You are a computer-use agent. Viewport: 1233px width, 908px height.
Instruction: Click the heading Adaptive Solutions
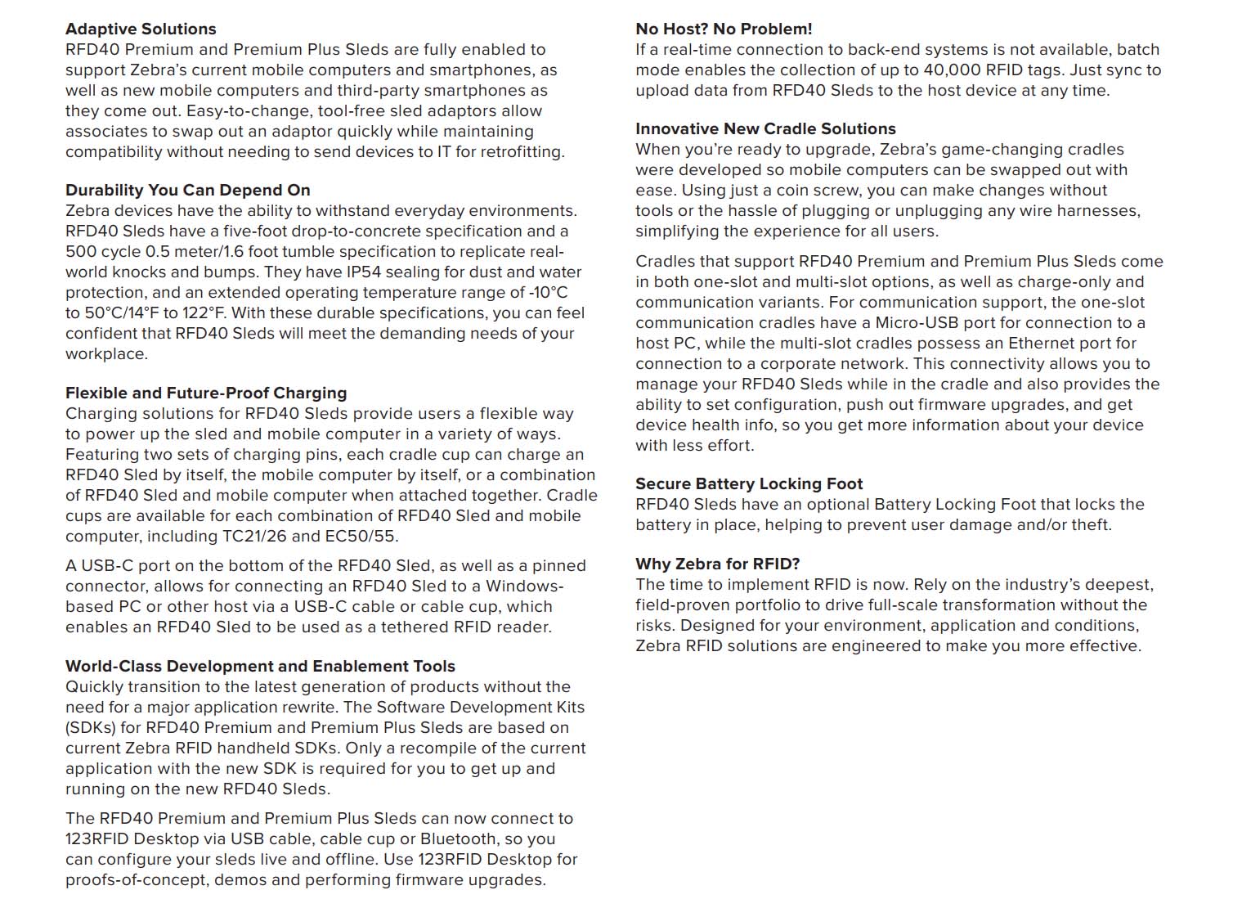coord(141,29)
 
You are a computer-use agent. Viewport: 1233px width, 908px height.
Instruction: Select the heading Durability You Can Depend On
coord(187,190)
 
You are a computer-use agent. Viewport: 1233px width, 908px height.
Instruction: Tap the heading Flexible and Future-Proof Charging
coord(206,393)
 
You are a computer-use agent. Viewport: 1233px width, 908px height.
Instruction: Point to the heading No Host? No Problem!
coord(724,29)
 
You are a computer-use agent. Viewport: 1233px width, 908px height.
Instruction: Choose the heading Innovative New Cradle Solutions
coord(765,128)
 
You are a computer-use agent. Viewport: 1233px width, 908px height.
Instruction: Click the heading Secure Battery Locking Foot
coord(749,483)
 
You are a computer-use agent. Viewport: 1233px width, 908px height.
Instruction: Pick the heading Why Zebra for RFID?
coord(717,564)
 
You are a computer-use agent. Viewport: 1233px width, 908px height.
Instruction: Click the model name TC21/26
coord(254,537)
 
